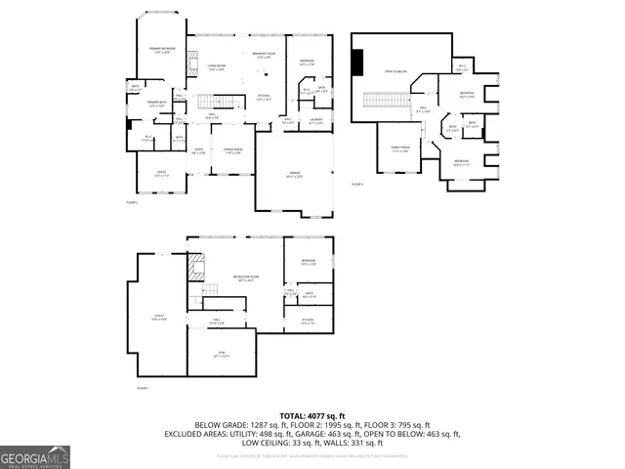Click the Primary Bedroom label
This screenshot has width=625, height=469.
(162, 50)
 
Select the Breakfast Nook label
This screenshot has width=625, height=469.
(263, 55)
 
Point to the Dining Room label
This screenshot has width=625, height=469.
(232, 151)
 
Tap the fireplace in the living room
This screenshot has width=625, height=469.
(192, 60)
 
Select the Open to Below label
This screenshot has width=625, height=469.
(396, 71)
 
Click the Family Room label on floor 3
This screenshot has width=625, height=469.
(399, 149)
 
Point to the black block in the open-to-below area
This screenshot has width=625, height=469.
(357, 64)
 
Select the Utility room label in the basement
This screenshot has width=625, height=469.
(158, 318)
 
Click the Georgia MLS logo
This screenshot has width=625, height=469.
(35, 456)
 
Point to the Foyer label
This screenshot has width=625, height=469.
(198, 151)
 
